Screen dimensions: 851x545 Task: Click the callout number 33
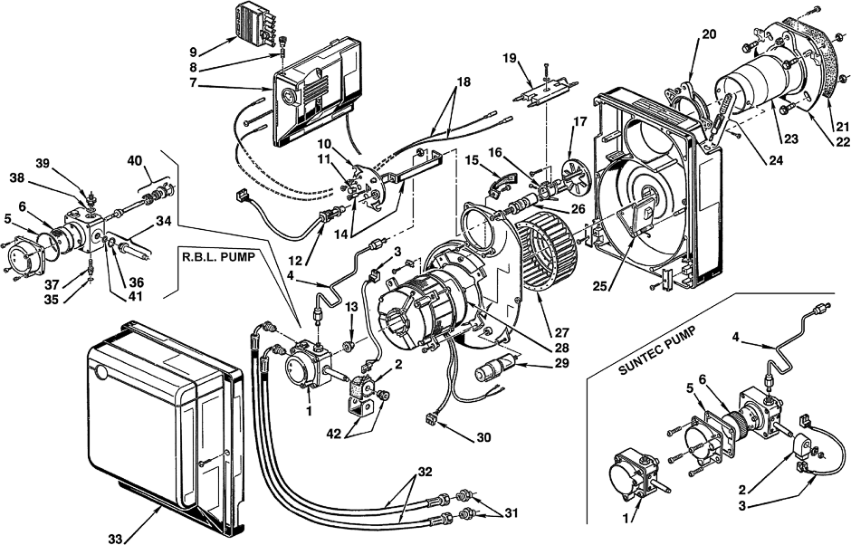pos(114,539)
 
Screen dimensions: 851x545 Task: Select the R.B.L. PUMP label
pos(216,257)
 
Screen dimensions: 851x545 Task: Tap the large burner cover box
pos(164,424)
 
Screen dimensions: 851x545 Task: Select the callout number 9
pos(193,53)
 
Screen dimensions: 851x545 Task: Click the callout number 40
pos(135,161)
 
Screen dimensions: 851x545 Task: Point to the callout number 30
pos(483,437)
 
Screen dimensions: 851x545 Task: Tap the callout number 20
pos(709,34)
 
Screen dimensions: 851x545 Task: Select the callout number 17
pos(579,121)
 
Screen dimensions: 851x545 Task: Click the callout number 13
pos(351,307)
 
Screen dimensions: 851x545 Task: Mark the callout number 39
pos(43,163)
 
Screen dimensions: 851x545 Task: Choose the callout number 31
pos(511,512)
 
